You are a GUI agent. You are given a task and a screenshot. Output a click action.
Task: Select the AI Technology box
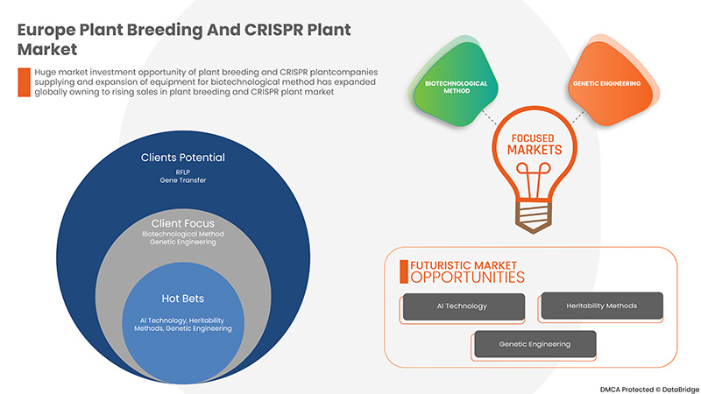click(x=463, y=306)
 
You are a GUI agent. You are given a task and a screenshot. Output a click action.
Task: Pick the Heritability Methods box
click(x=601, y=306)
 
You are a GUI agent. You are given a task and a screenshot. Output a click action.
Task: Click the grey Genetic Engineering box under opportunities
click(x=535, y=344)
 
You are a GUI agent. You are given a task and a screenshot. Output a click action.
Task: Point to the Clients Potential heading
click(x=183, y=158)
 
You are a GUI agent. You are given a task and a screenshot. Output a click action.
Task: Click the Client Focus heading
click(x=183, y=223)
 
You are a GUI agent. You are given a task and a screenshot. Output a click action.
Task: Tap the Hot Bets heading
click(x=183, y=298)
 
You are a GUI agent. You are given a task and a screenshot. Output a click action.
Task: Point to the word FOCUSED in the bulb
click(x=531, y=137)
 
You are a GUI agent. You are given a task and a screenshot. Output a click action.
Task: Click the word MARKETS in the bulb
click(x=531, y=151)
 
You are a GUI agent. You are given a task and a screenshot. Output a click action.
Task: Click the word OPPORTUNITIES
click(x=468, y=278)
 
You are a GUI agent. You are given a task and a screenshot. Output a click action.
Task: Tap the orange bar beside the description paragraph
click(x=25, y=81)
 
